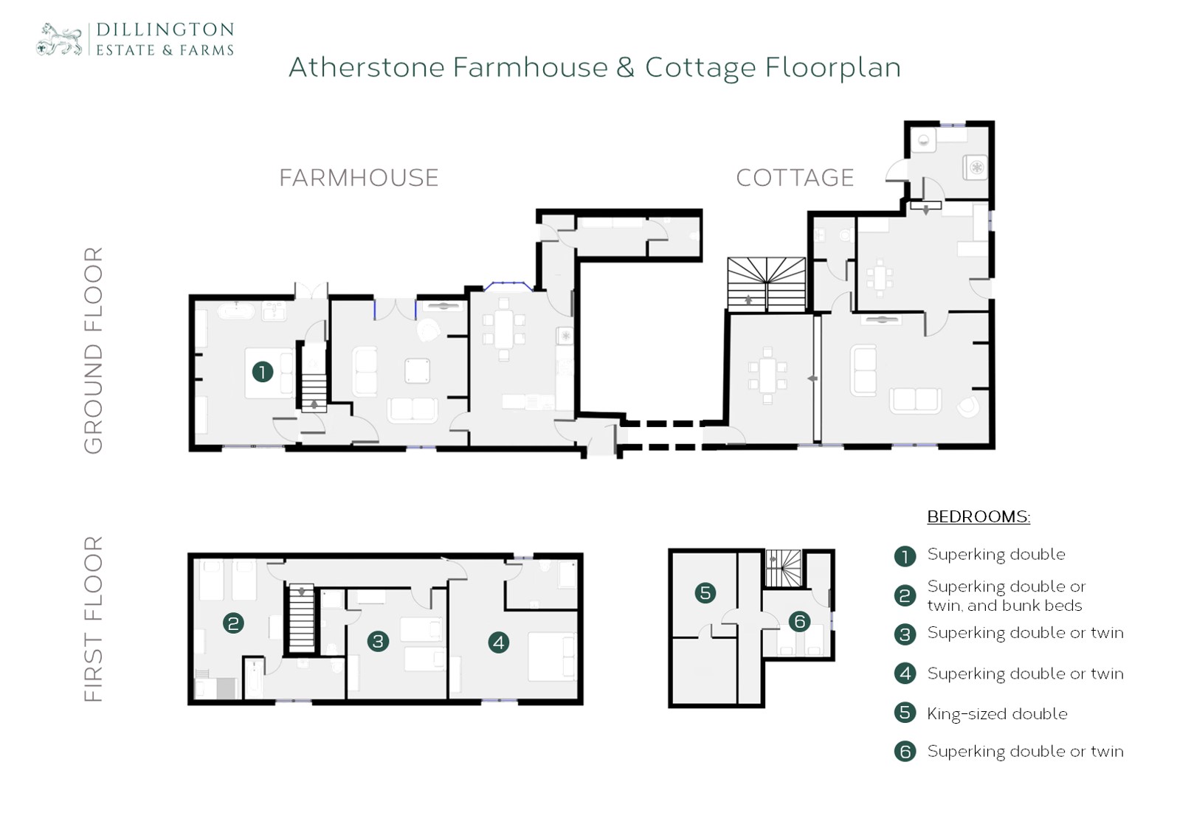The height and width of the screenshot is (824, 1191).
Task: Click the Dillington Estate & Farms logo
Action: point(135,39)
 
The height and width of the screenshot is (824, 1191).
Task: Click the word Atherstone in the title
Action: point(366,68)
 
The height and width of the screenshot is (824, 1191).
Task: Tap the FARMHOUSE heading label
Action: point(359,178)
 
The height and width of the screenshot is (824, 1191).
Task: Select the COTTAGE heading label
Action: point(795,178)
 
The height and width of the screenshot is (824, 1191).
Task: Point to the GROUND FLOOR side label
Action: point(94,350)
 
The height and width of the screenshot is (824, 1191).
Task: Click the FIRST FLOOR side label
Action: point(94,619)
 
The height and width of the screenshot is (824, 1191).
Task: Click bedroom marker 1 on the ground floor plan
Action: point(262,372)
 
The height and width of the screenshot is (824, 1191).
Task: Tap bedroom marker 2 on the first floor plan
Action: point(233,623)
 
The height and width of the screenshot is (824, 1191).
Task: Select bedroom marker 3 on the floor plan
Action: point(378,642)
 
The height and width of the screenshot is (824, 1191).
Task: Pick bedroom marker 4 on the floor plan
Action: point(499,643)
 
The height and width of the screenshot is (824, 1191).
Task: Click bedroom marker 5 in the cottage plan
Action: point(705,592)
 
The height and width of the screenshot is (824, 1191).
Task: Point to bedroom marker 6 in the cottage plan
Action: point(800,621)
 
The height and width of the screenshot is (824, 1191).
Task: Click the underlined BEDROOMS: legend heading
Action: point(979,516)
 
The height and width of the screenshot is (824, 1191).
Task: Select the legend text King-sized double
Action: point(998,713)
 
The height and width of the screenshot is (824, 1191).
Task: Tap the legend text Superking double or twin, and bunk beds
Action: point(1007,596)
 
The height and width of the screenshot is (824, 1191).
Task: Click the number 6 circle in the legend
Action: point(905,752)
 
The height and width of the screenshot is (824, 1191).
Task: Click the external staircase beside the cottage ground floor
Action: point(766,284)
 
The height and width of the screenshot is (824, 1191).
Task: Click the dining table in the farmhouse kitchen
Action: point(503,328)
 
